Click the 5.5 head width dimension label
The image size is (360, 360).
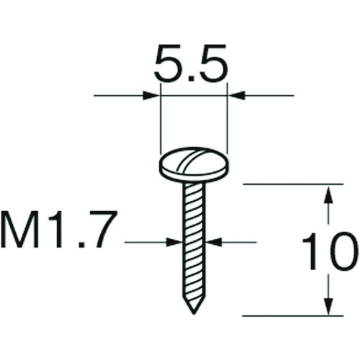[x=190, y=63]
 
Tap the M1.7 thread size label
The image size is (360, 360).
[x=59, y=229]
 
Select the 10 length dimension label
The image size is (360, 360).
[x=328, y=251]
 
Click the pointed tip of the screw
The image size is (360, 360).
[x=194, y=313]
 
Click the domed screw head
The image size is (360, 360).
[x=194, y=165]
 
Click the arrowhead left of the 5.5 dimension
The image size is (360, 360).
[x=151, y=96]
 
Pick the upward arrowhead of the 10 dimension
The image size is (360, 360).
[x=329, y=194]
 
